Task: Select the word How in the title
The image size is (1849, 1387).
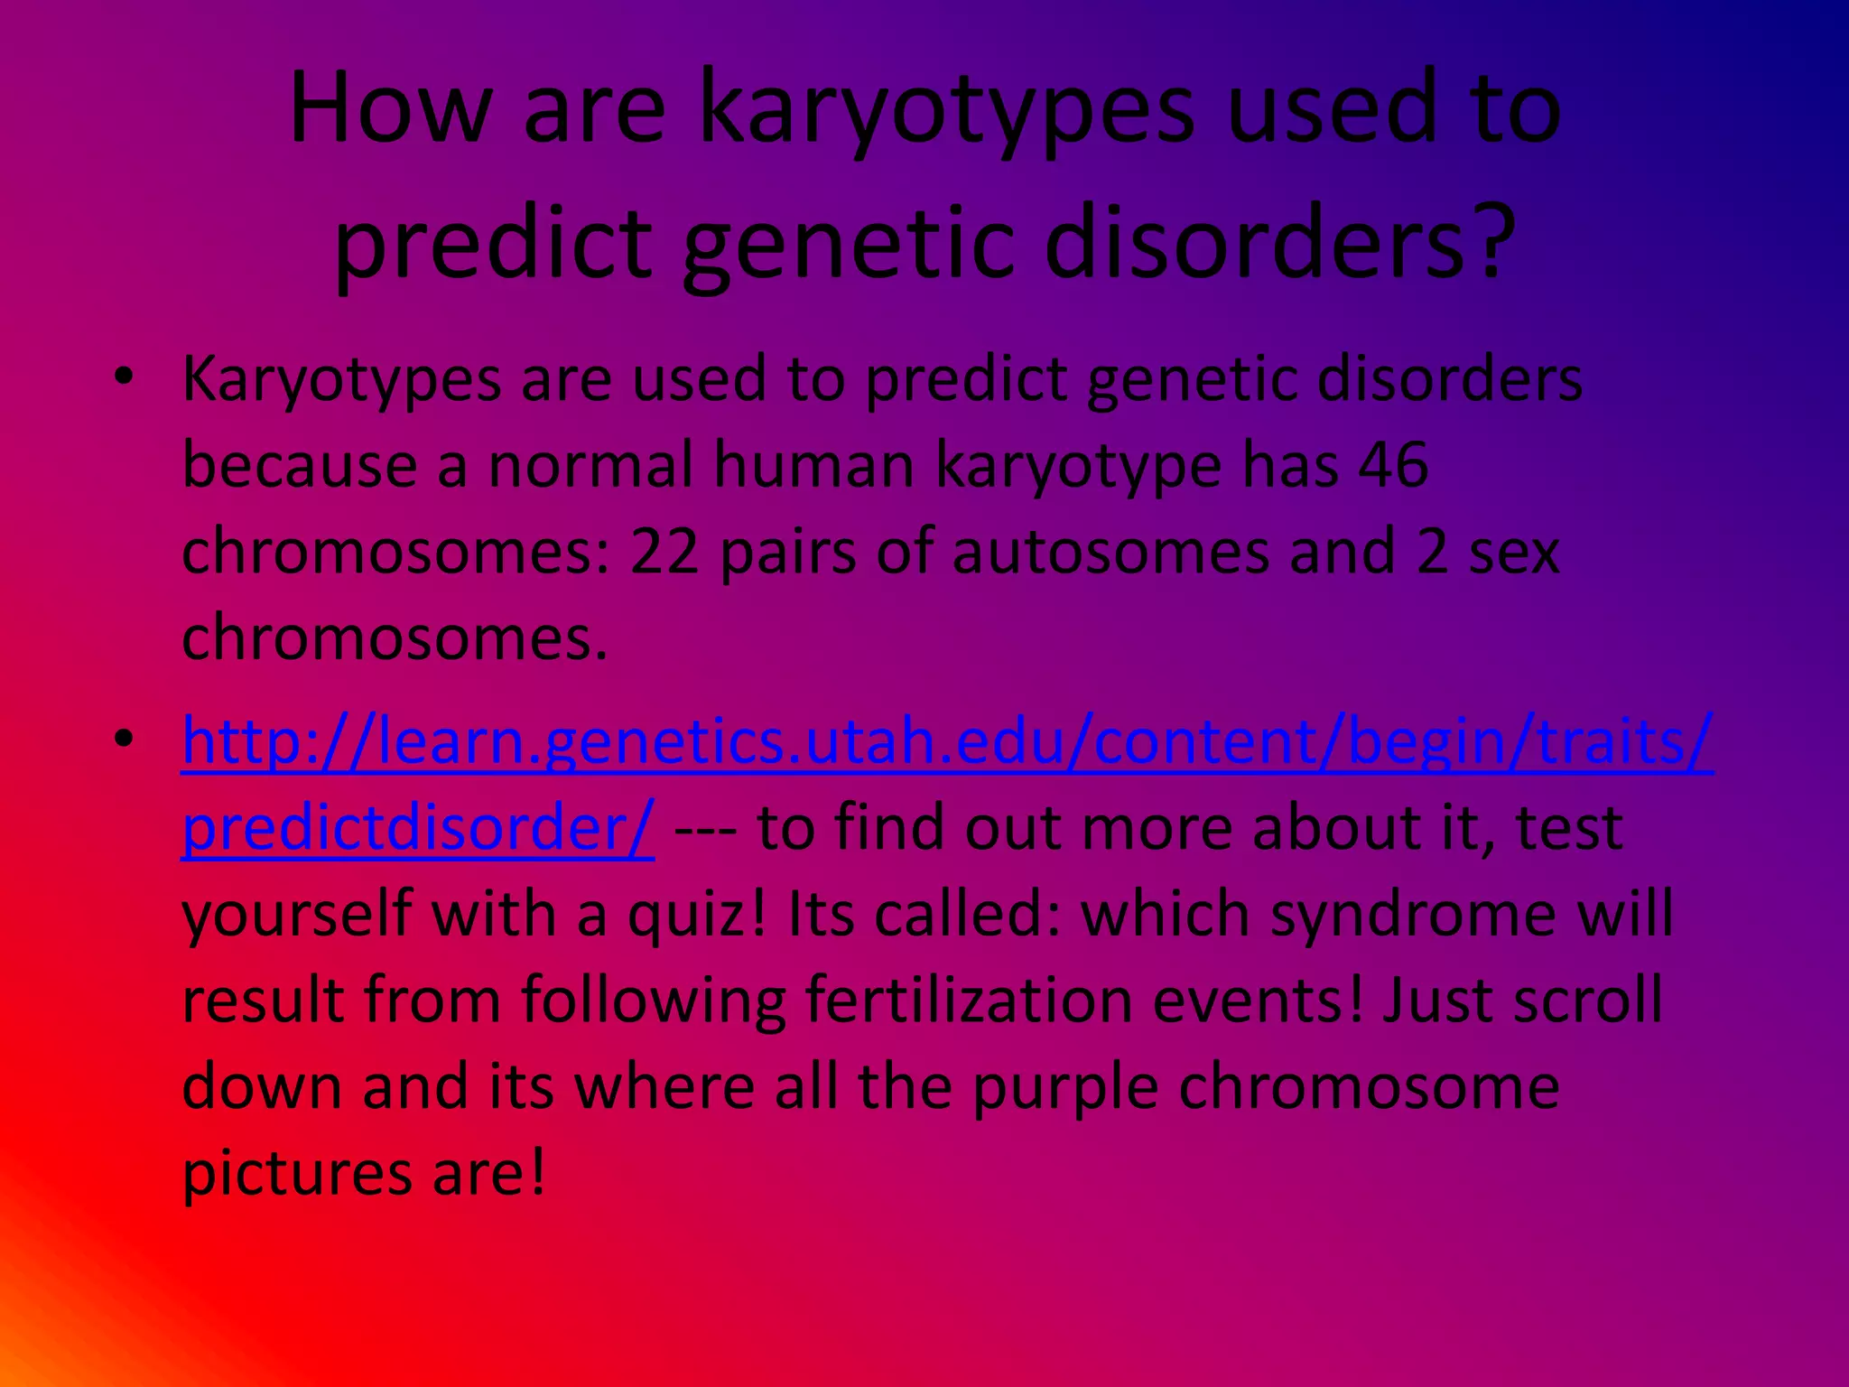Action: tap(389, 108)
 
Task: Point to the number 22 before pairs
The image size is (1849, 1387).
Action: tap(664, 552)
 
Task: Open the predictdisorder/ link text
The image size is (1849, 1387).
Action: tap(417, 827)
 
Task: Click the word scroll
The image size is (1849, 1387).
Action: tap(1588, 1001)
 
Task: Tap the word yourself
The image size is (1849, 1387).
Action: tap(297, 914)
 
